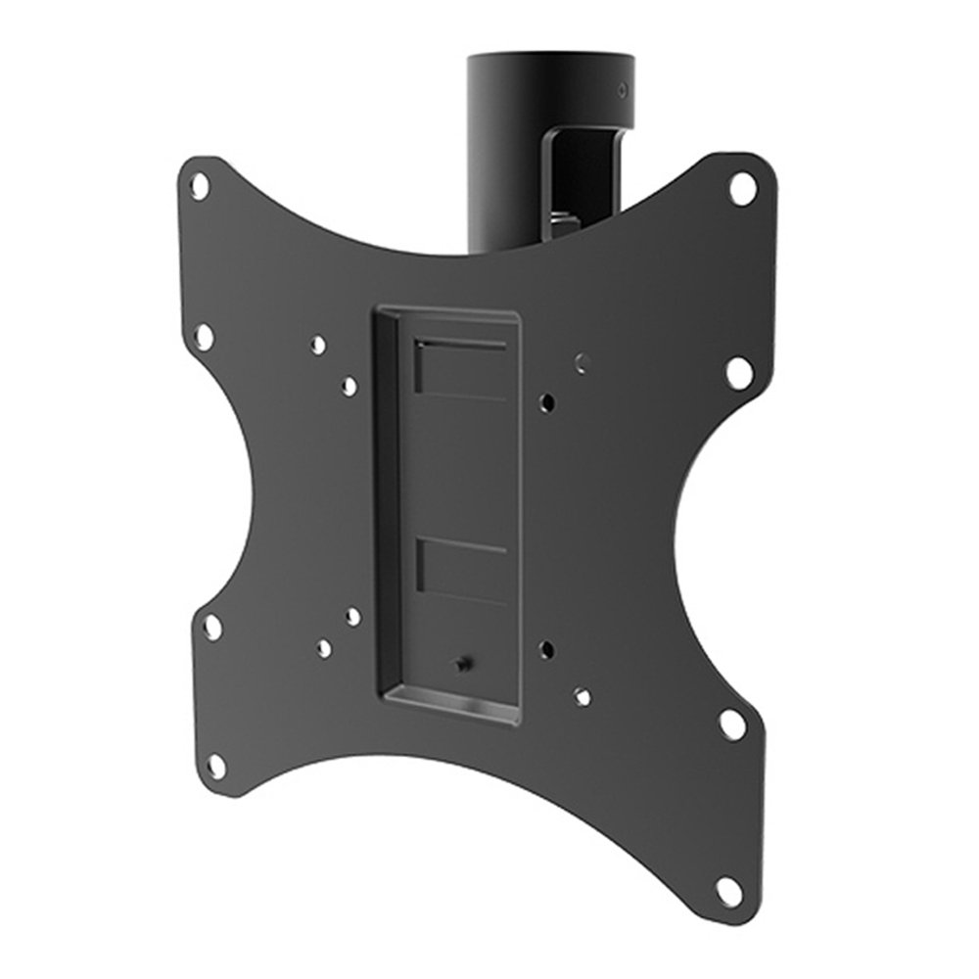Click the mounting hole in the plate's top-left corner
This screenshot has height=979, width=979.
point(200,185)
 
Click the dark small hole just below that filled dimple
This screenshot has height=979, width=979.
point(549,400)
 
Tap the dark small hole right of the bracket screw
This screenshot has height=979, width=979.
point(547,647)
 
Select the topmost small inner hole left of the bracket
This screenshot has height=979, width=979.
point(318,346)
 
